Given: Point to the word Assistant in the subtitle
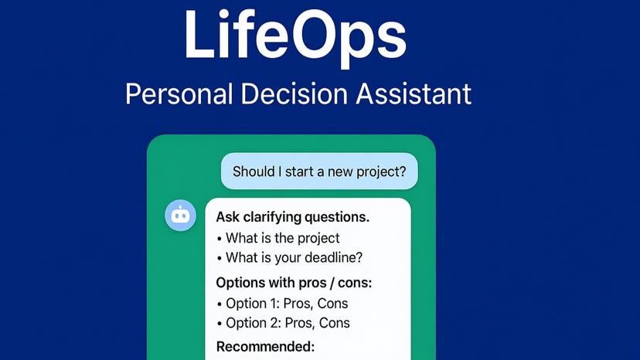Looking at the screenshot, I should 414,94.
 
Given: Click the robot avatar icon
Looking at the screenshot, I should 180,216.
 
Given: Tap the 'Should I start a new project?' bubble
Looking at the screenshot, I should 319,171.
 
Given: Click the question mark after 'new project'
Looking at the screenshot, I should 401,171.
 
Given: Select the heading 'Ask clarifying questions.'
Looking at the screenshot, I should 292,217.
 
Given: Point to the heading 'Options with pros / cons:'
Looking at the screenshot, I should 294,283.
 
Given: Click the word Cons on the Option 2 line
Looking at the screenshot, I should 333,323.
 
